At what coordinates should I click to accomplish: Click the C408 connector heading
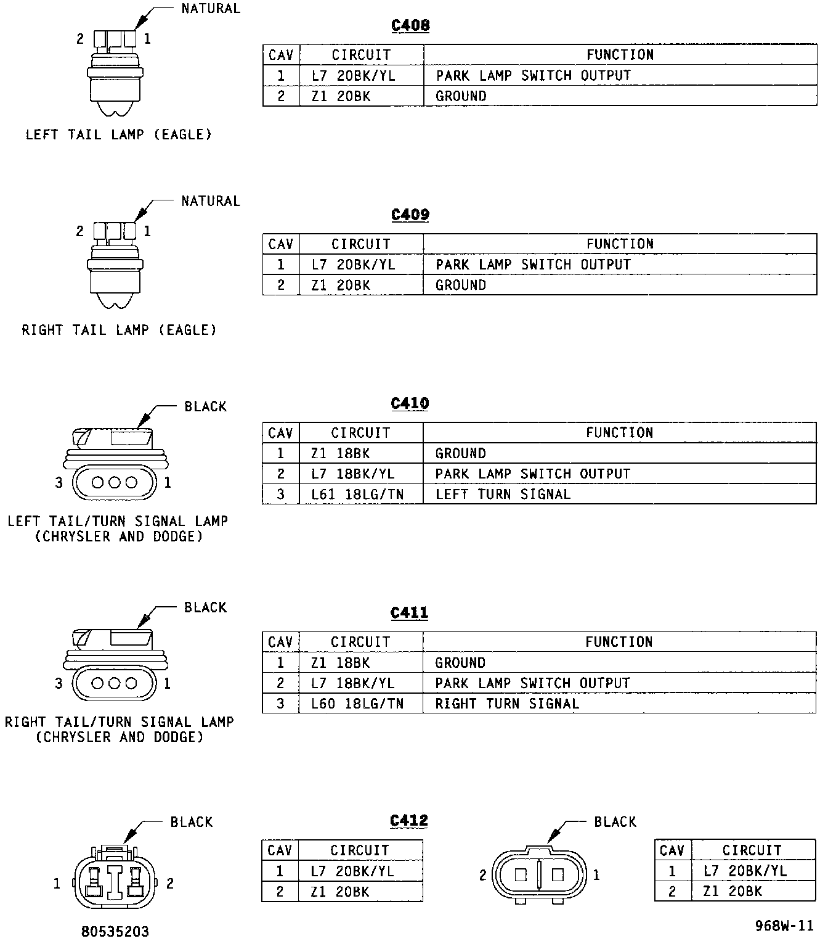410,25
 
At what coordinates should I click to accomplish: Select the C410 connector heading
410,403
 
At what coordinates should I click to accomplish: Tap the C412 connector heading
409,821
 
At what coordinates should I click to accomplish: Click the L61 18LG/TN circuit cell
357,494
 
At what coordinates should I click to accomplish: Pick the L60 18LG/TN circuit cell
357,704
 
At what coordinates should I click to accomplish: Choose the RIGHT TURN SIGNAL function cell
507,704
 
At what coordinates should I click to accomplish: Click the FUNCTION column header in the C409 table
620,244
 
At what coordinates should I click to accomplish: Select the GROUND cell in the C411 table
460,663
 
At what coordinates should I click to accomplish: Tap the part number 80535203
115,931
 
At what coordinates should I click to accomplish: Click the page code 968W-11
784,926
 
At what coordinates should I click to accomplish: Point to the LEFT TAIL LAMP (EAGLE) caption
118,134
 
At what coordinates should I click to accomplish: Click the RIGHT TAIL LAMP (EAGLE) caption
120,330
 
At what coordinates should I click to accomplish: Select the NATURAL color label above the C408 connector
211,9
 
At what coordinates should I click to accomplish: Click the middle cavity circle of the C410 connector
115,482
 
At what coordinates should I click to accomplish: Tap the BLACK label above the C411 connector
206,607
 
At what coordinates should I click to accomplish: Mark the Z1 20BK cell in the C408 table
341,96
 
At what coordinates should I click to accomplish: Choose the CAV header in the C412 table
280,850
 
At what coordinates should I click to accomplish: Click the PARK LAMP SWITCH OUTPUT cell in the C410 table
532,474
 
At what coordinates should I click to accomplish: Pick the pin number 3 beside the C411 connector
59,683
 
